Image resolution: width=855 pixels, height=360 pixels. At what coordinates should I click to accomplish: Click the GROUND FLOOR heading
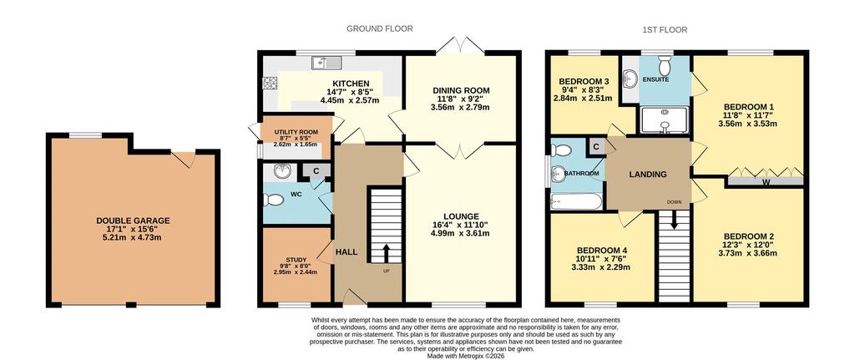pyautogui.click(x=380, y=28)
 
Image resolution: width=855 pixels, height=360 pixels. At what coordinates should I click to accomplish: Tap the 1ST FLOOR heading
pyautogui.click(x=664, y=29)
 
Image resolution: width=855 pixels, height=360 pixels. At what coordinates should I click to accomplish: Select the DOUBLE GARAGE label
pyautogui.click(x=133, y=221)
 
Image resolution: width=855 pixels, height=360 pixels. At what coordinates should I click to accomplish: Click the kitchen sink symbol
pyautogui.click(x=326, y=63)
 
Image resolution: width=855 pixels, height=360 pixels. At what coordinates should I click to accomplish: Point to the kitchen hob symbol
pyautogui.click(x=270, y=83)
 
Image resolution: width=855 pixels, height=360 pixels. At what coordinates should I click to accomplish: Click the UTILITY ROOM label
pyautogui.click(x=296, y=133)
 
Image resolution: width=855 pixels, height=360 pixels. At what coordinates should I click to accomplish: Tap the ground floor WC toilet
pyautogui.click(x=273, y=200)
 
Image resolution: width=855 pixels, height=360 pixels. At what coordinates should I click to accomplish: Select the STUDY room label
pyautogui.click(x=296, y=260)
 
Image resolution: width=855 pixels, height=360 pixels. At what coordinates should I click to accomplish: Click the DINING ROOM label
pyautogui.click(x=461, y=90)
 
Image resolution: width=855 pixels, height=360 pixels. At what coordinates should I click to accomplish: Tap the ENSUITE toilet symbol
pyautogui.click(x=665, y=65)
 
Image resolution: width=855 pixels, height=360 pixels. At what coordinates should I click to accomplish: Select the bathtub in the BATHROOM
pyautogui.click(x=576, y=201)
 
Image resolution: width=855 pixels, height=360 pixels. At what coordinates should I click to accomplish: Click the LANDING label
pyautogui.click(x=648, y=175)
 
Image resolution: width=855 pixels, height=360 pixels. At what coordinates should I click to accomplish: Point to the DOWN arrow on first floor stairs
pyautogui.click(x=674, y=220)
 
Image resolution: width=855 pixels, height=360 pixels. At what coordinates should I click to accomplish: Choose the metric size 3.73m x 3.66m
pyautogui.click(x=749, y=253)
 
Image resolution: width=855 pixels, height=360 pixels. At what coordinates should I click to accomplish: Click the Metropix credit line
pyautogui.click(x=465, y=356)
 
